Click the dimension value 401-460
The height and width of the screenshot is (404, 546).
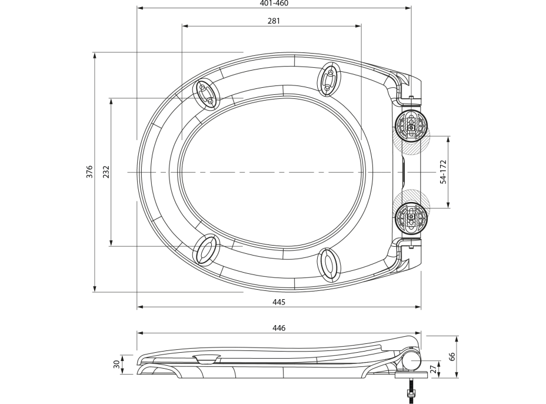(x=274, y=4)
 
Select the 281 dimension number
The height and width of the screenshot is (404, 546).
(x=274, y=21)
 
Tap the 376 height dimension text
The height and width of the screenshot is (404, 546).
(x=89, y=171)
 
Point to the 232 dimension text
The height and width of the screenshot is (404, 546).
(x=106, y=171)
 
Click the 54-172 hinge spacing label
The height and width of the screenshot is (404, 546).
(x=443, y=172)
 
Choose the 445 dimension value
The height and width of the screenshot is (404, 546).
(x=279, y=302)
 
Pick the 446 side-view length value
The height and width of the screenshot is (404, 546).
(x=279, y=328)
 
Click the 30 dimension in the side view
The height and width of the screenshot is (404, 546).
(x=117, y=365)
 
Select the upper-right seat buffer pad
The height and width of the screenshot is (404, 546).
(x=329, y=80)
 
